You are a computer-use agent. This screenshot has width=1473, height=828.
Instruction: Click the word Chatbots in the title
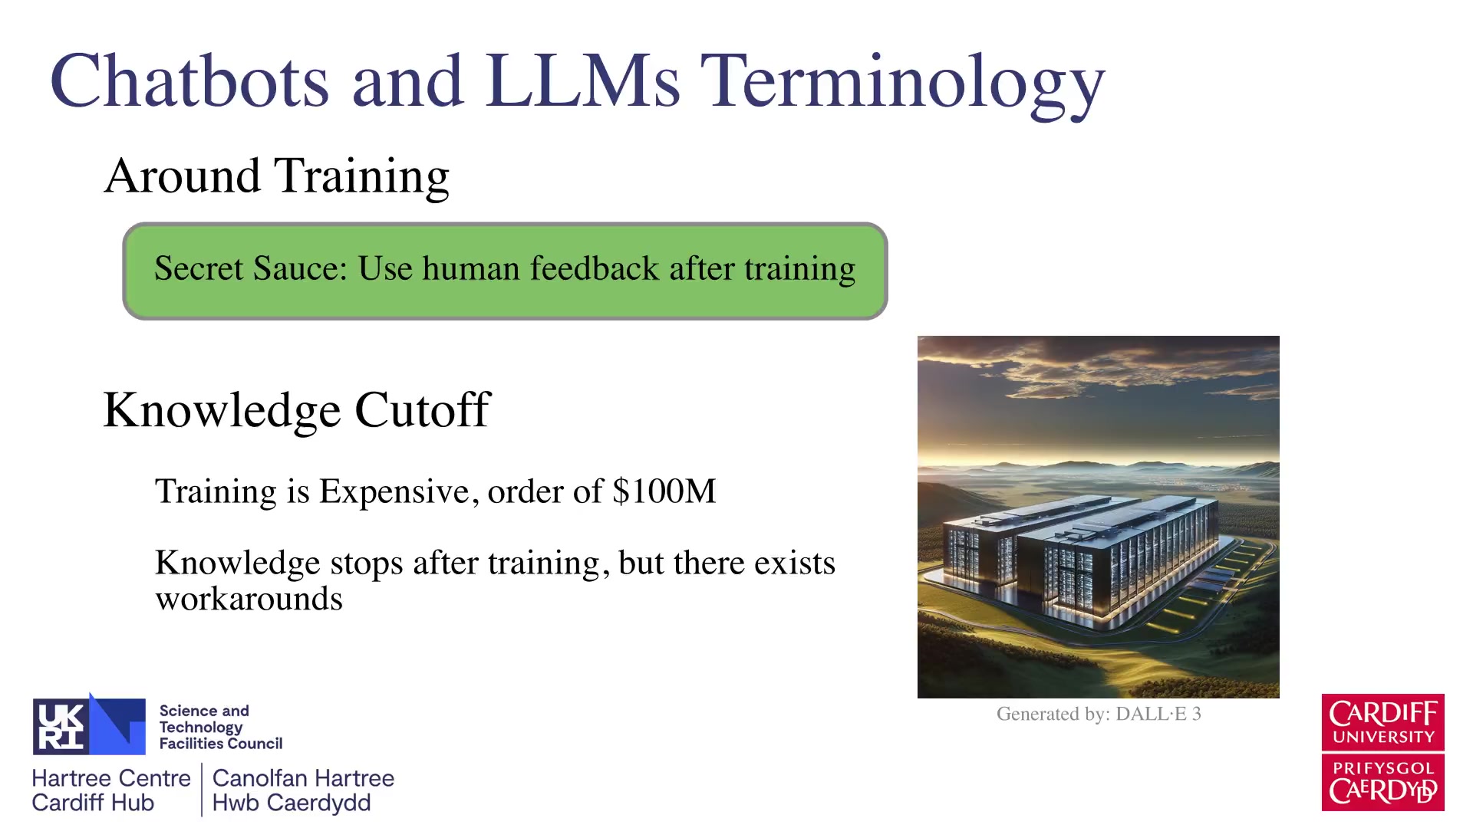point(189,80)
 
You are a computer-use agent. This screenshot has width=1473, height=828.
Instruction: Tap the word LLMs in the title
point(582,80)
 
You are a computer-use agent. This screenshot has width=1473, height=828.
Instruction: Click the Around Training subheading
point(276,176)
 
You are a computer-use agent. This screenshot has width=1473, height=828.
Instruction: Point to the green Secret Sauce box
point(505,271)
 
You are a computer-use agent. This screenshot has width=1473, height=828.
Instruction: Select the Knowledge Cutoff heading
point(296,411)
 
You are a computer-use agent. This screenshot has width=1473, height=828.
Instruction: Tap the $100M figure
point(664,491)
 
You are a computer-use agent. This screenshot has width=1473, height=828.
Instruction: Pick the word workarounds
point(249,599)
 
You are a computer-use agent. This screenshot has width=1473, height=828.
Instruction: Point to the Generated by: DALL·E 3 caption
point(1099,714)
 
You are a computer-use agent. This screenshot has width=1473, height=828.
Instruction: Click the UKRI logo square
point(89,726)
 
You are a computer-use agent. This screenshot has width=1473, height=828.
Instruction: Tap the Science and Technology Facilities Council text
point(220,727)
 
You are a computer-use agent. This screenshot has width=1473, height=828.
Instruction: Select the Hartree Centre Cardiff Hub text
point(111,790)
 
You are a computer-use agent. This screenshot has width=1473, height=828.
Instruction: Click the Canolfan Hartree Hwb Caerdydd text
point(303,790)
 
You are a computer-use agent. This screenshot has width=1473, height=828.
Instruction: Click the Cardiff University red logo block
point(1382,722)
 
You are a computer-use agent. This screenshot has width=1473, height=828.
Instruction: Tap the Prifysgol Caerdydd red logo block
point(1382,783)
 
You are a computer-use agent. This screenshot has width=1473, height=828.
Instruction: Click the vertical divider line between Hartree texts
point(202,790)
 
